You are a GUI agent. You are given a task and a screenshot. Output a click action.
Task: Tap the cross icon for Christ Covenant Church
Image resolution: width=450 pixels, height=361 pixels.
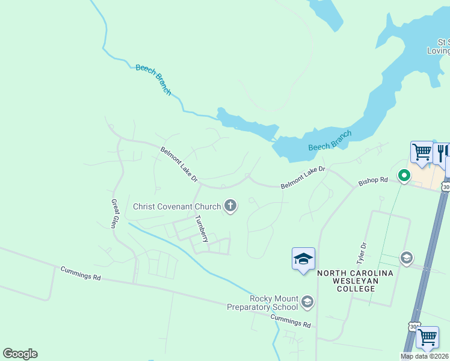click(230, 206)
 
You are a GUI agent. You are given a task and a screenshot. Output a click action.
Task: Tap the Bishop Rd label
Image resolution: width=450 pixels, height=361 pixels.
click(373, 180)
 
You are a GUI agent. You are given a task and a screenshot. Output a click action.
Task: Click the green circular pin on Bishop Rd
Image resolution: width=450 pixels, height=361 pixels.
click(404, 176)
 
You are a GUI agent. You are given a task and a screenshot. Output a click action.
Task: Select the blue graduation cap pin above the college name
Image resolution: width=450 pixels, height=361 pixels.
click(303, 259)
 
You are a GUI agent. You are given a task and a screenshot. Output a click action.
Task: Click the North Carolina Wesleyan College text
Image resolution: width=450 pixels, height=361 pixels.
click(355, 280)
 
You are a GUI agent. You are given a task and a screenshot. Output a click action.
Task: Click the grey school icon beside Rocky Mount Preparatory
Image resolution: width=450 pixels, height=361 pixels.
click(307, 301)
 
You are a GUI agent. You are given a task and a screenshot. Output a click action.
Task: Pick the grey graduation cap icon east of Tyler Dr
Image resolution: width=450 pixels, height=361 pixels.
click(407, 258)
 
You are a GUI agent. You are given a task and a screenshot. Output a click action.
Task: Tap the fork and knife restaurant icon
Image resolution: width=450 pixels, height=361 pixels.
click(441, 153)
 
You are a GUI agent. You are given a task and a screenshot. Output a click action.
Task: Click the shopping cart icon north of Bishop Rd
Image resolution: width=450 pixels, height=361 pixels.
click(422, 153)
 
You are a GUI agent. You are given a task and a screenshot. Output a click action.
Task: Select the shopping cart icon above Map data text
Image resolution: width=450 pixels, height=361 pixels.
click(427, 337)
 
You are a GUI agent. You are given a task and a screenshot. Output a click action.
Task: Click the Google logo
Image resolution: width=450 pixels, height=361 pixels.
click(20, 354)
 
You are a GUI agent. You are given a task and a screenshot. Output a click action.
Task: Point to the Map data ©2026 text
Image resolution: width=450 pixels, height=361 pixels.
click(425, 356)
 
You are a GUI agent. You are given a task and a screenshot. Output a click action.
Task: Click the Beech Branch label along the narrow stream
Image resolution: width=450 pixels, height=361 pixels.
click(153, 79)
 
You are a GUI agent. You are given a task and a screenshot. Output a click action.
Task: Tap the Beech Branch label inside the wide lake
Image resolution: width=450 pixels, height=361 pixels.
click(330, 141)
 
